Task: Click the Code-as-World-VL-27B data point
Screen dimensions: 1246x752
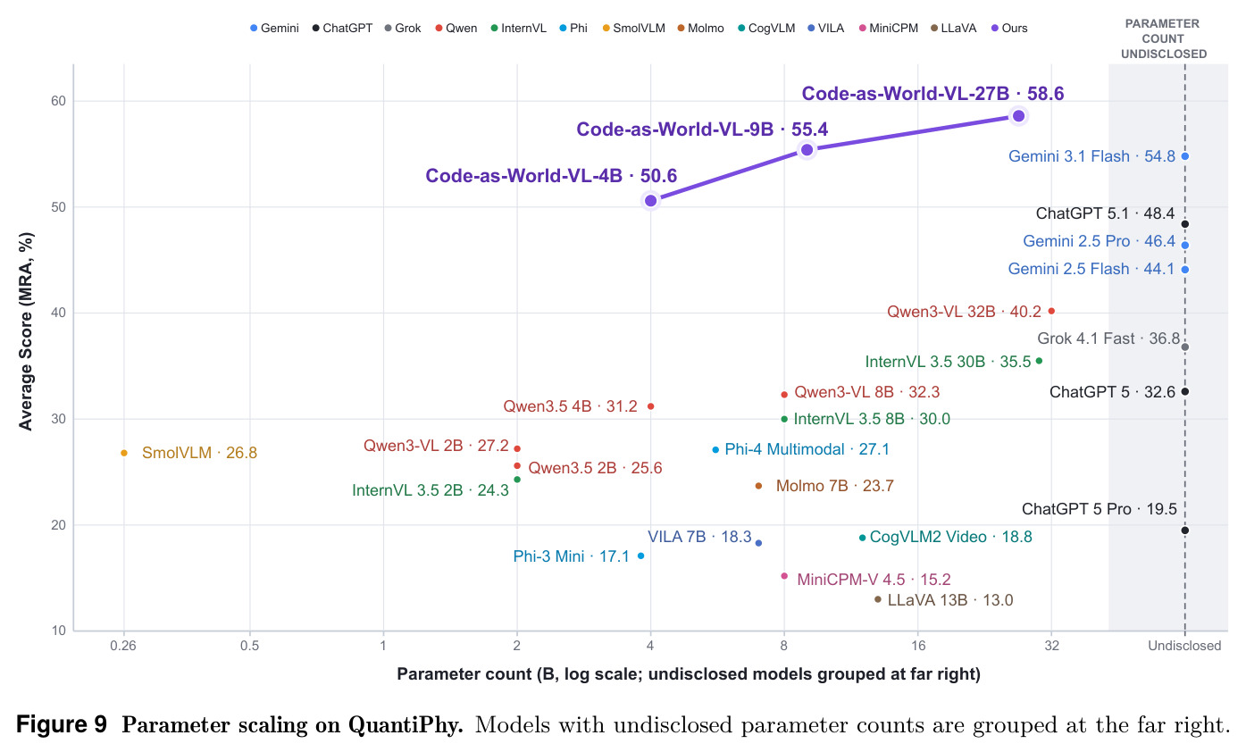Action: (x=1018, y=116)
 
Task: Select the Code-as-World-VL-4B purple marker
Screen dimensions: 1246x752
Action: (x=651, y=201)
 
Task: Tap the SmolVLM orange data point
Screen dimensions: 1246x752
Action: (x=124, y=454)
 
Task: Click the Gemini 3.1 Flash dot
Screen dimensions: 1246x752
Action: (x=1184, y=156)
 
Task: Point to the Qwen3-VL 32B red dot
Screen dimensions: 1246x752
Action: (x=1051, y=311)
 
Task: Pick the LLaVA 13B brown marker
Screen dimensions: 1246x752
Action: (x=878, y=599)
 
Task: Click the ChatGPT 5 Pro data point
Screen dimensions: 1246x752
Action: (x=1184, y=531)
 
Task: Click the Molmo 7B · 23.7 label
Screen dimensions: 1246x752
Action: (x=834, y=486)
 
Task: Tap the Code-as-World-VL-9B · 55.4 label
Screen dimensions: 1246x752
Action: (x=702, y=130)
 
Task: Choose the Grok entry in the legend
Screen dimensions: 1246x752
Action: (x=403, y=29)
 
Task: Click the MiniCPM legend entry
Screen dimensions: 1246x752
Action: (x=889, y=29)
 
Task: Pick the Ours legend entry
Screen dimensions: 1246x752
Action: (x=1009, y=29)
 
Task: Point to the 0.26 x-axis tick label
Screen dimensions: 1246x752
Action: (x=123, y=646)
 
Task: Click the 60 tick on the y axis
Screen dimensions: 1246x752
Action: (x=58, y=101)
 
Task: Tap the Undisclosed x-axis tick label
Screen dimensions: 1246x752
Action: (x=1184, y=646)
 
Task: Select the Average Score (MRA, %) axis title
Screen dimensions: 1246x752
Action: (x=26, y=331)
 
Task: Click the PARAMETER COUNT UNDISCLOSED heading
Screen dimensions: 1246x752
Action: (x=1164, y=39)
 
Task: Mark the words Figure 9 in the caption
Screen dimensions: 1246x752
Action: (x=62, y=724)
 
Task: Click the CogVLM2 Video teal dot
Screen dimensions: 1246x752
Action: (x=862, y=538)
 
